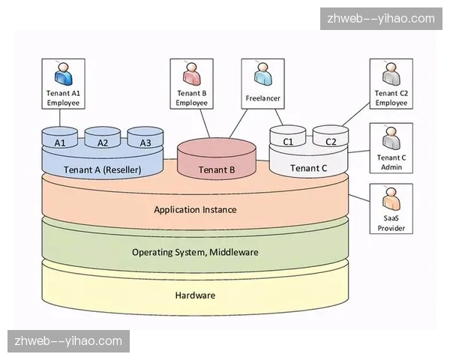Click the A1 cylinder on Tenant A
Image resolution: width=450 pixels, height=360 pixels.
61,141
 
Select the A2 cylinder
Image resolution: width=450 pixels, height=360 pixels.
103,141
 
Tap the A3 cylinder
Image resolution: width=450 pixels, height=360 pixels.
145,141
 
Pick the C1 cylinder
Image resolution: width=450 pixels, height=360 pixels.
287,140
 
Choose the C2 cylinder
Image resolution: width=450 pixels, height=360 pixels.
330,140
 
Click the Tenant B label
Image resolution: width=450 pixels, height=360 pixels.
217,169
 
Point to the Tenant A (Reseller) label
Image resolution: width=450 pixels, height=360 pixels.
103,169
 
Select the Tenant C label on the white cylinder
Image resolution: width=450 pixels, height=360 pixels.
308,168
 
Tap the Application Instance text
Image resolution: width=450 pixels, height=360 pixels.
195,209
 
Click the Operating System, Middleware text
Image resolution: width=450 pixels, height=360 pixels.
195,252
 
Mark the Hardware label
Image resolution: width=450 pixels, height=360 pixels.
195,295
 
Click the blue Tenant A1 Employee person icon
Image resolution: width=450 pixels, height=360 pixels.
63,75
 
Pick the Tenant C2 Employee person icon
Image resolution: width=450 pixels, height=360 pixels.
391,75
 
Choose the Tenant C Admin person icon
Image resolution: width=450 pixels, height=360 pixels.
391,139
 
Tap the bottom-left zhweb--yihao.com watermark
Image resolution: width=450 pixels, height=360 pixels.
68,341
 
